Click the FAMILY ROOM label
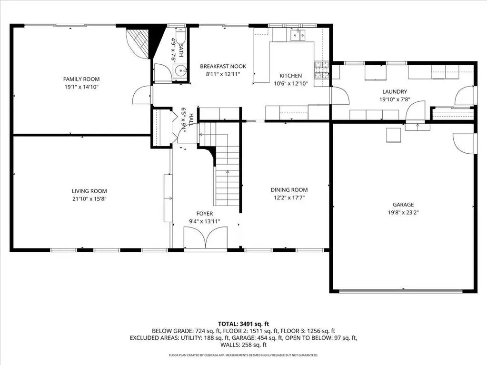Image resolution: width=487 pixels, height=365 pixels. click(81, 79)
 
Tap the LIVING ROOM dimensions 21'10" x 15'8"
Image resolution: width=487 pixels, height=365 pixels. click(89, 199)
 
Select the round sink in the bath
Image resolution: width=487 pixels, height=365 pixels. click(180, 71)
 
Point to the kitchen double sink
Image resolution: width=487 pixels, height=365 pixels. click(298, 35)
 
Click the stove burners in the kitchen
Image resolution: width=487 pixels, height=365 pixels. click(322, 70)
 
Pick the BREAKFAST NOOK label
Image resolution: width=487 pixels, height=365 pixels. click(223, 66)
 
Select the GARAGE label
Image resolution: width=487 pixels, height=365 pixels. click(403, 205)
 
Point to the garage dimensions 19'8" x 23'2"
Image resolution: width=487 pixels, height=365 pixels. click(403, 213)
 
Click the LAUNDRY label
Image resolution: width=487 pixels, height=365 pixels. click(395, 91)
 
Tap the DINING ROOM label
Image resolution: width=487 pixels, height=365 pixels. click(289, 190)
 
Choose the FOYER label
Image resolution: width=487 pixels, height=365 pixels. click(205, 214)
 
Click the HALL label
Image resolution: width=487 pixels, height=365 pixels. click(191, 119)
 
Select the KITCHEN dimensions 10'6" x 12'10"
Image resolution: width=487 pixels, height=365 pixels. click(291, 83)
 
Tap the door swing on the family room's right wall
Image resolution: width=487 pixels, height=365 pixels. click(142, 95)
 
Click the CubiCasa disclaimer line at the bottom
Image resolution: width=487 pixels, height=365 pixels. click(244, 355)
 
